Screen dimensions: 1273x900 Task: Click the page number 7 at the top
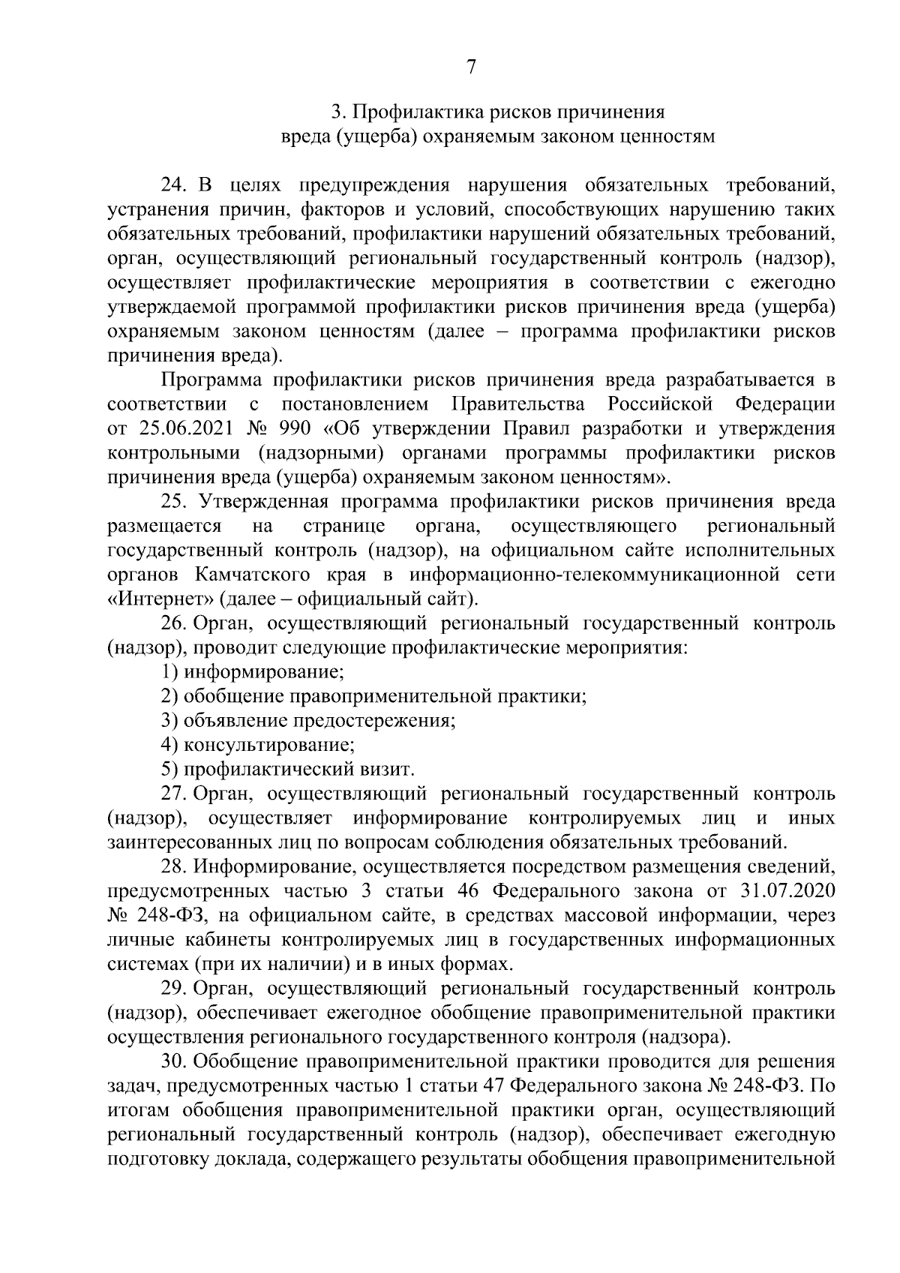471,68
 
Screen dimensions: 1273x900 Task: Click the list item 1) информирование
252,671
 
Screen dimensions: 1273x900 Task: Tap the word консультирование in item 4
268,745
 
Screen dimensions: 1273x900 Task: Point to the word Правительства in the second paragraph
518,404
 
